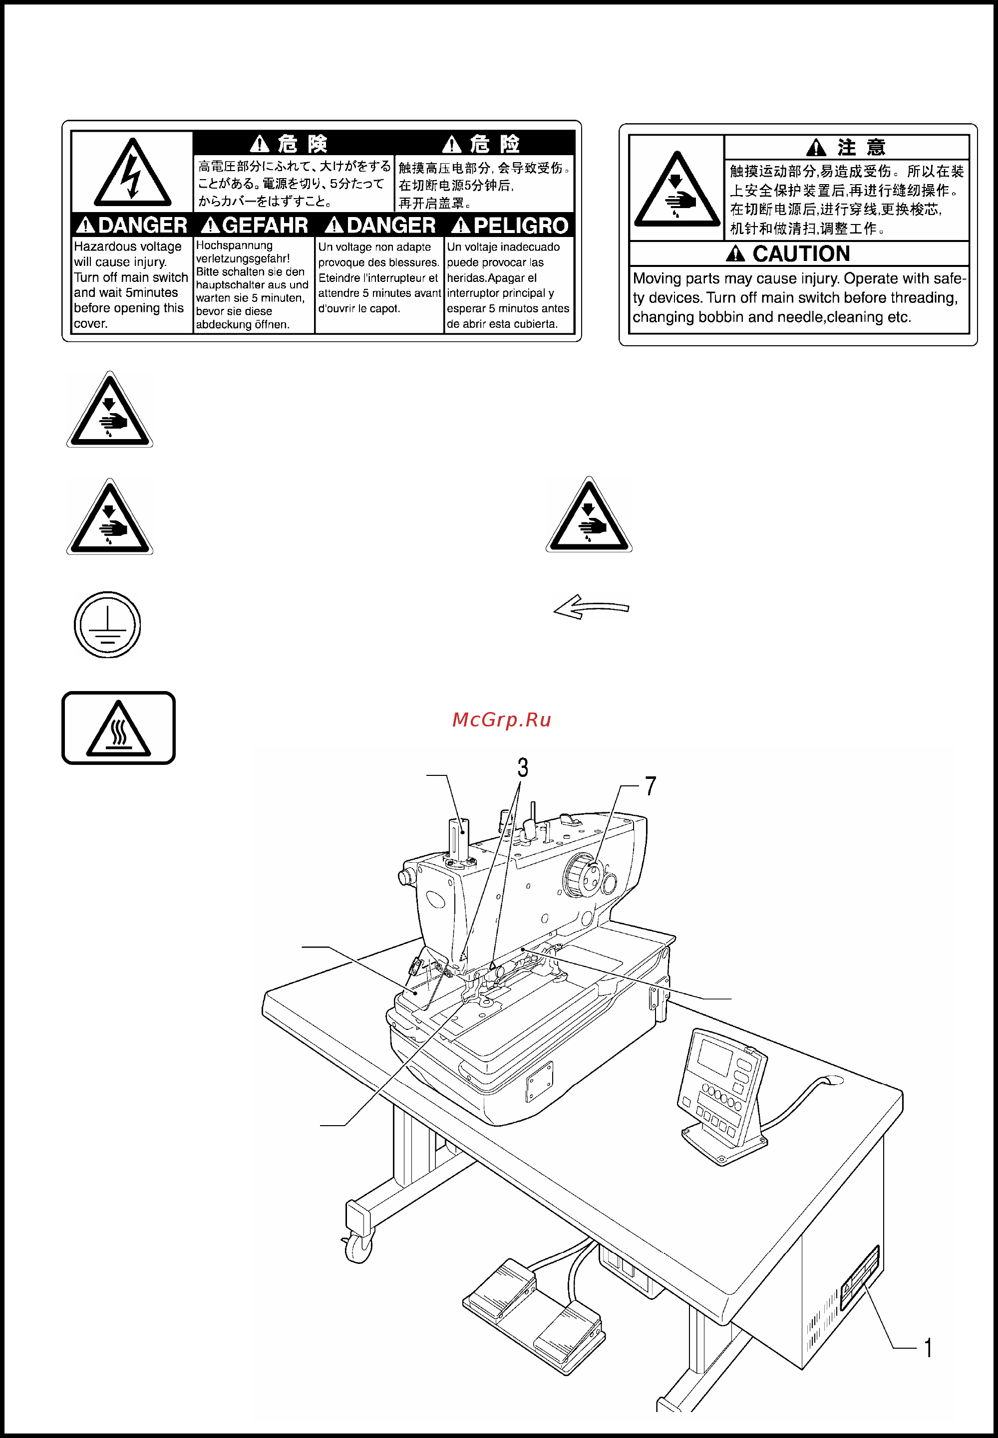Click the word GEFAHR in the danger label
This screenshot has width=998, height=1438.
(265, 225)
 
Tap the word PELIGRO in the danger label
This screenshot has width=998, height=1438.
(521, 226)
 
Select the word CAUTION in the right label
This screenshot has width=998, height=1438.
(801, 254)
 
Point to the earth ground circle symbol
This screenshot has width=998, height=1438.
(107, 624)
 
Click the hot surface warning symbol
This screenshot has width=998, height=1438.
(119, 727)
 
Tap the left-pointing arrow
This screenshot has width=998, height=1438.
(591, 607)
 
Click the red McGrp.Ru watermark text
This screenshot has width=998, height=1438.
(502, 720)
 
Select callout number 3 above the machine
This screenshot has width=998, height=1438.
(523, 767)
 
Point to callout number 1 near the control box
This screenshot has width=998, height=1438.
(929, 1347)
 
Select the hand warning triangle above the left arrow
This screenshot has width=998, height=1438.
(589, 514)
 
